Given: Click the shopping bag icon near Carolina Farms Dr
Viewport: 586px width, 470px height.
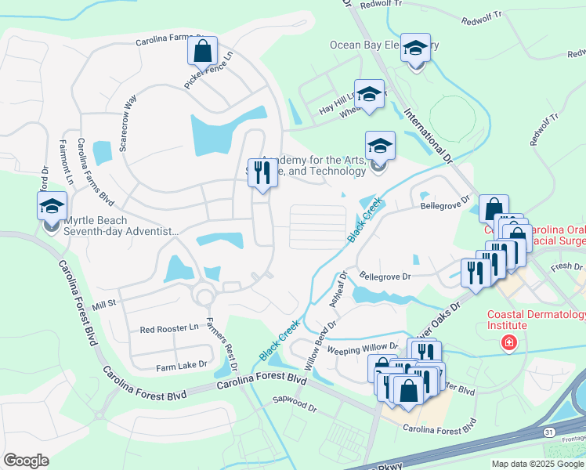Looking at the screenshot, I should tap(202, 52).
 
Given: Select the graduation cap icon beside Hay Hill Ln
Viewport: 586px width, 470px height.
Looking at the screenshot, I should tap(369, 95).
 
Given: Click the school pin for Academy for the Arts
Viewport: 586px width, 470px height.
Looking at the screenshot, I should tap(380, 146).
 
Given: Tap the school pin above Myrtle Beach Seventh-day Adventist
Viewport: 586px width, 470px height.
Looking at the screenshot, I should tap(52, 207).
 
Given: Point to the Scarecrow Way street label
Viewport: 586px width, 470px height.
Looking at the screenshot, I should tap(127, 114).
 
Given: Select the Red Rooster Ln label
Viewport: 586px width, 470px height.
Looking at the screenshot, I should tap(169, 329).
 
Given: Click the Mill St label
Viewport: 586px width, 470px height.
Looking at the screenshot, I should tap(103, 302).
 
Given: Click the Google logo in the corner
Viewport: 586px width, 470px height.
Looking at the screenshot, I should tap(26, 461).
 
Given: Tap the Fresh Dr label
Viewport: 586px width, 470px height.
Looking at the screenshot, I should tap(566, 267).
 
